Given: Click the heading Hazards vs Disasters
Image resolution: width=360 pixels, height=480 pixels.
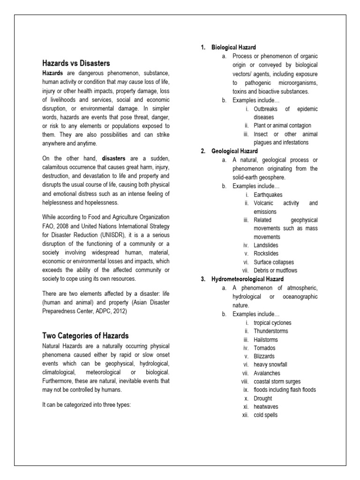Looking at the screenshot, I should pos(76,63).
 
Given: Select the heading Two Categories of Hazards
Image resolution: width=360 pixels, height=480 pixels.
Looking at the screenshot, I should pos(85,336).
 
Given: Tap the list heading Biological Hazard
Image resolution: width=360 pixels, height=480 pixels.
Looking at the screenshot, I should pos(233,47).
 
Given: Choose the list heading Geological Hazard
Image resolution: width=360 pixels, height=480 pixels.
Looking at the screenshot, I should pos(234,151).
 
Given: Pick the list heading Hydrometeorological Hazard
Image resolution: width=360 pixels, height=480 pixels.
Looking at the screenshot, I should pos(247,279).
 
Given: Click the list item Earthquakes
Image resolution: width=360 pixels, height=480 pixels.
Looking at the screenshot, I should pos(268,195).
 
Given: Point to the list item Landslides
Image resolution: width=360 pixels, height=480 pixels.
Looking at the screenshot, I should pos(266,245).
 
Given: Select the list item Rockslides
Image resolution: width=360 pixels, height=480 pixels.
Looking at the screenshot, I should pos(266,254).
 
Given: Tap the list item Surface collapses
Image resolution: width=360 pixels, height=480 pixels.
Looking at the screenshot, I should pos(274,262).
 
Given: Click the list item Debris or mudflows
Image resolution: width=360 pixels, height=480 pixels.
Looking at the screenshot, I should pos(275,270).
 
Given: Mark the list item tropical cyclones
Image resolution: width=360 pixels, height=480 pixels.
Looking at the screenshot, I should pos(272,322).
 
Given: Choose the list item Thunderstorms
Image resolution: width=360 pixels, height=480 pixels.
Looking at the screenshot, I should pos(270,331).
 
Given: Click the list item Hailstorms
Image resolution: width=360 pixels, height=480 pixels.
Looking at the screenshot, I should pos(266,339).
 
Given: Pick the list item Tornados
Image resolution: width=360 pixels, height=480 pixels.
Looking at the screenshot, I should pos(264,348).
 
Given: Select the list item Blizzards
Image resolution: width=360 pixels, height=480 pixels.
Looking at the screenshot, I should pos(264,356).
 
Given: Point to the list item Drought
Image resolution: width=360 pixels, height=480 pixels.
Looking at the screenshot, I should pos(262,398).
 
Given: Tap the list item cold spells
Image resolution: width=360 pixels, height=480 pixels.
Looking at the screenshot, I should pos(265,415).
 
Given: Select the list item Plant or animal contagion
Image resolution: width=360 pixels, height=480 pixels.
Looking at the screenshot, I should pos(282,126).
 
